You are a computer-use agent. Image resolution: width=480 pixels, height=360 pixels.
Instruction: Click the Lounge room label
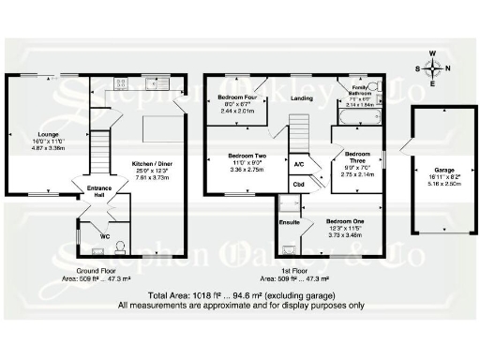(x=47, y=134)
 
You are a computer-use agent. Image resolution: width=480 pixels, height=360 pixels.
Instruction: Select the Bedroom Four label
(x=238, y=97)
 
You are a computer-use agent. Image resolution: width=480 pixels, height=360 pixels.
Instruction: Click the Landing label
(x=302, y=97)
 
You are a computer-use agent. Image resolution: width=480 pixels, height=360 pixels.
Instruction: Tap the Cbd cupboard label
(x=298, y=185)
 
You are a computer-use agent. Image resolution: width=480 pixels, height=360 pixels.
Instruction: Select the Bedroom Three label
(x=356, y=157)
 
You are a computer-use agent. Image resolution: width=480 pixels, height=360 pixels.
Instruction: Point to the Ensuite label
(x=289, y=222)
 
